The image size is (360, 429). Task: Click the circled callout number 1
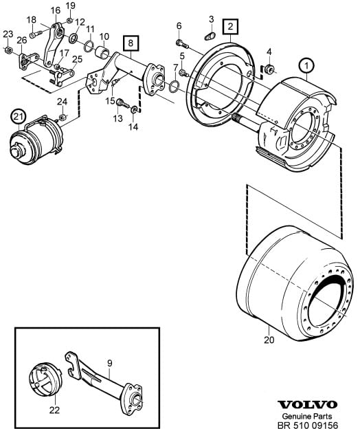306,66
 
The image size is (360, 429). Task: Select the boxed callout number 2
230,27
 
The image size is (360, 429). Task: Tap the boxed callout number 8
131,43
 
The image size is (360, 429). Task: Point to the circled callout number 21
19,117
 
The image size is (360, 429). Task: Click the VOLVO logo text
308,404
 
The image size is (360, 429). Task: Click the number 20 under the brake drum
269,340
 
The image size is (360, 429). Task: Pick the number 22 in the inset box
54,410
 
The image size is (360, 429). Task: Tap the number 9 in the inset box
110,363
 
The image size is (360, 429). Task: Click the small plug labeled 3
210,36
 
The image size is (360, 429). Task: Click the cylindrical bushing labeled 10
104,52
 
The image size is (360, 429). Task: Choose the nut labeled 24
63,118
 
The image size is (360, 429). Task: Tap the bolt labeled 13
122,103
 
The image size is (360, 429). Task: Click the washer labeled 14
134,110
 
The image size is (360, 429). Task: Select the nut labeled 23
8,50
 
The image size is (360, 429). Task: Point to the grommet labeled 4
269,69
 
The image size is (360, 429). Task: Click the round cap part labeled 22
45,379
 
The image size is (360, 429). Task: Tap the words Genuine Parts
307,416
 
